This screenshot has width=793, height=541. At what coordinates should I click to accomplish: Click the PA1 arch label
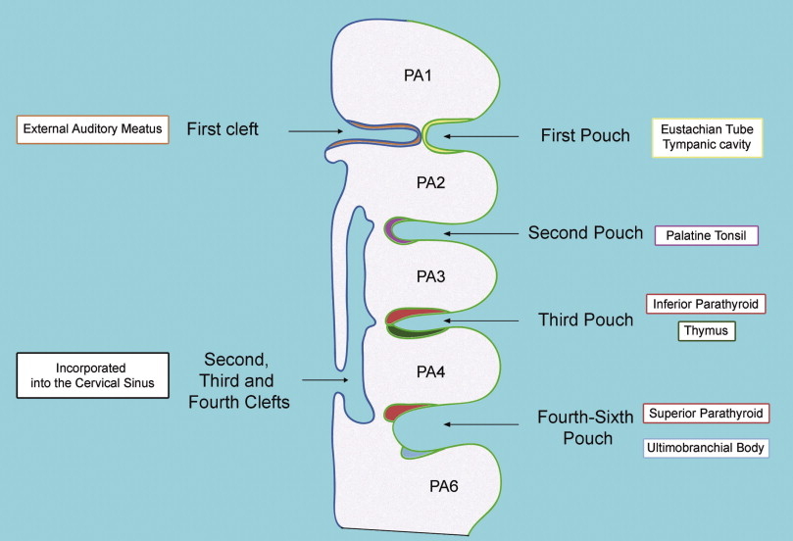coord(418,75)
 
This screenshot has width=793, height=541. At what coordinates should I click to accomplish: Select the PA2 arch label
coord(431,182)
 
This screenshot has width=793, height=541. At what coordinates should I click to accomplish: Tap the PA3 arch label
coord(431,276)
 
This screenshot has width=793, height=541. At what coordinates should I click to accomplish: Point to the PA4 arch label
coord(431,372)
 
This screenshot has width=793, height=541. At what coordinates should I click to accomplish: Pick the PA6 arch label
coord(443,486)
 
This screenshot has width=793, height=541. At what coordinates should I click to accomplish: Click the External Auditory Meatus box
coord(92,129)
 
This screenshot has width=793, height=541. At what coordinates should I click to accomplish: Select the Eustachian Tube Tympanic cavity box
coord(707,137)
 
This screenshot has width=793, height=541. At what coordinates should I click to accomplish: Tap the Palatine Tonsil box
coord(707,235)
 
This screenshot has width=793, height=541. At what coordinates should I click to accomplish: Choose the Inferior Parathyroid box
coord(706,304)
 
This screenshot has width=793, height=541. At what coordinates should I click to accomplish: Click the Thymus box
coord(707,331)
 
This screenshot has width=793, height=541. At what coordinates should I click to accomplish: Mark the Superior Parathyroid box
coord(706,414)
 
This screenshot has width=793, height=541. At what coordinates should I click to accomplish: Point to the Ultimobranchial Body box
coord(706,448)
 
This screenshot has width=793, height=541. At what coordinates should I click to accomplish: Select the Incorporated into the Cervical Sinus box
coord(92,375)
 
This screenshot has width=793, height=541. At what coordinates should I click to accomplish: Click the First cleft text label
coord(223,129)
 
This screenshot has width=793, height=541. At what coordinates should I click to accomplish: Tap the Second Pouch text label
coord(585,232)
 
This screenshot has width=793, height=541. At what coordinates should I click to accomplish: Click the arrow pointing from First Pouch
coord(481,136)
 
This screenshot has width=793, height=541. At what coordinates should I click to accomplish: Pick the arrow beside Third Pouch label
coord(481,320)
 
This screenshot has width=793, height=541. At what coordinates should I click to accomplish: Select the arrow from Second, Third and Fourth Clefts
coord(325,379)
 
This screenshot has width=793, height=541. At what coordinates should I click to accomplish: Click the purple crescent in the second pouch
coord(390,231)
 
